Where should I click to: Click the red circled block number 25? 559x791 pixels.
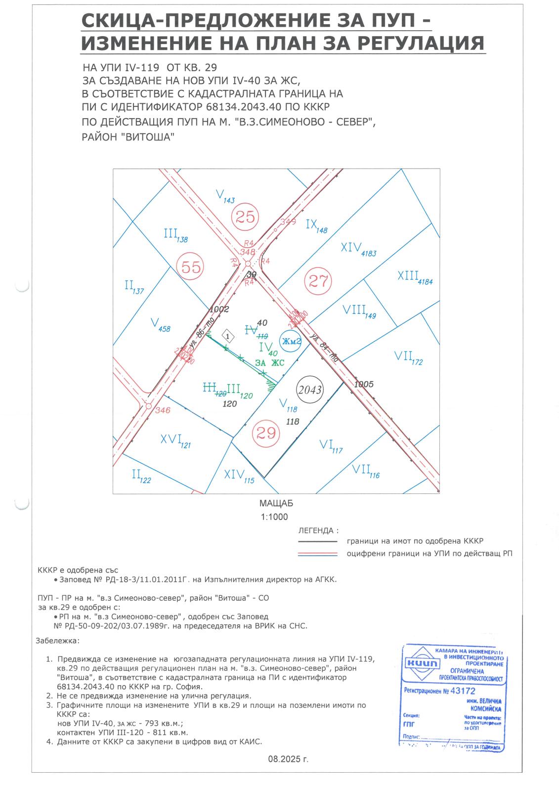[245, 217]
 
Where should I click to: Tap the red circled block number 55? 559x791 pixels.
[191, 267]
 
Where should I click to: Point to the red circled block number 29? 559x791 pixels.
[266, 434]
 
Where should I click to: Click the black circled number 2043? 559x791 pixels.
[310, 390]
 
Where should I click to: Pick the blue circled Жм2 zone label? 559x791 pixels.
[291, 342]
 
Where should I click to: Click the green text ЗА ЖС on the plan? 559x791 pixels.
[270, 363]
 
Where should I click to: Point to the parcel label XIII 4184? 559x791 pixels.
[415, 277]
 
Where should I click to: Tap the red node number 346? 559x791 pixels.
[162, 410]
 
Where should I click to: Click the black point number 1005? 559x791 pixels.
[364, 384]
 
